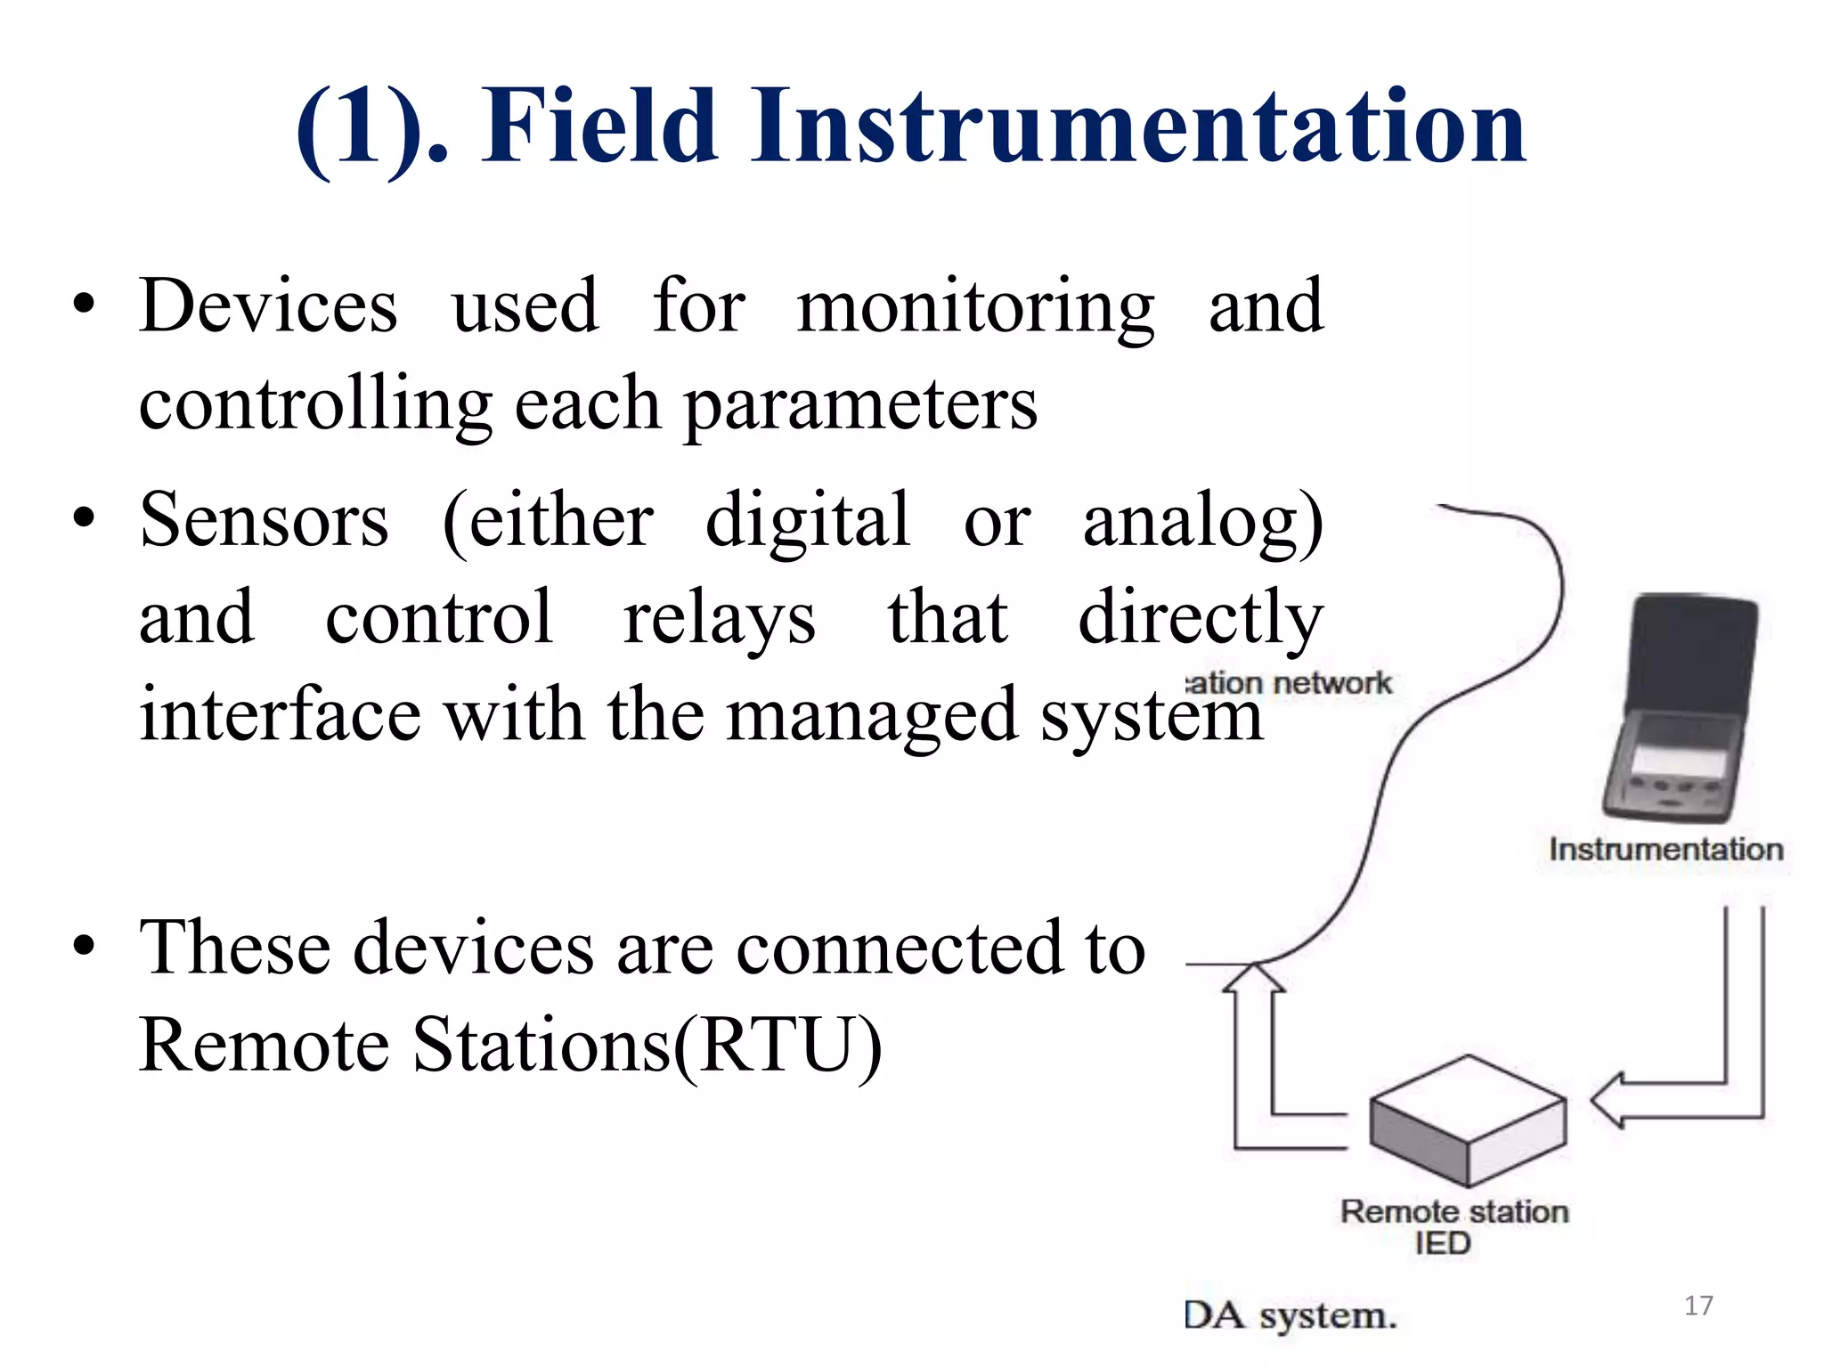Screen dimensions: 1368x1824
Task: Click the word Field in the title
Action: pos(599,126)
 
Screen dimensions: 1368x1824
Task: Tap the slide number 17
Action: pos(1698,1306)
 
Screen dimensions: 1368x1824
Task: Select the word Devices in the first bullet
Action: pos(268,306)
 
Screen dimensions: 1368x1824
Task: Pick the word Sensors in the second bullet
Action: pos(265,521)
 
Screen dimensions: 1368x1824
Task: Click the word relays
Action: pos(718,619)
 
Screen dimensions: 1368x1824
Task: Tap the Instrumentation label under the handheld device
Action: pos(1665,850)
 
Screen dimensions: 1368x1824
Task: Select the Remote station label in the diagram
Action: pos(1453,1212)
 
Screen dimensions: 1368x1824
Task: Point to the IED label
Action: pos(1442,1243)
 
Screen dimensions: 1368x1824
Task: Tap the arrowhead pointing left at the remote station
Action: pos(1608,1100)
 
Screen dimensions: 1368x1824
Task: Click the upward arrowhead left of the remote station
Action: pos(1253,979)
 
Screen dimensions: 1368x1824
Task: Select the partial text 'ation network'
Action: pos(1289,684)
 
